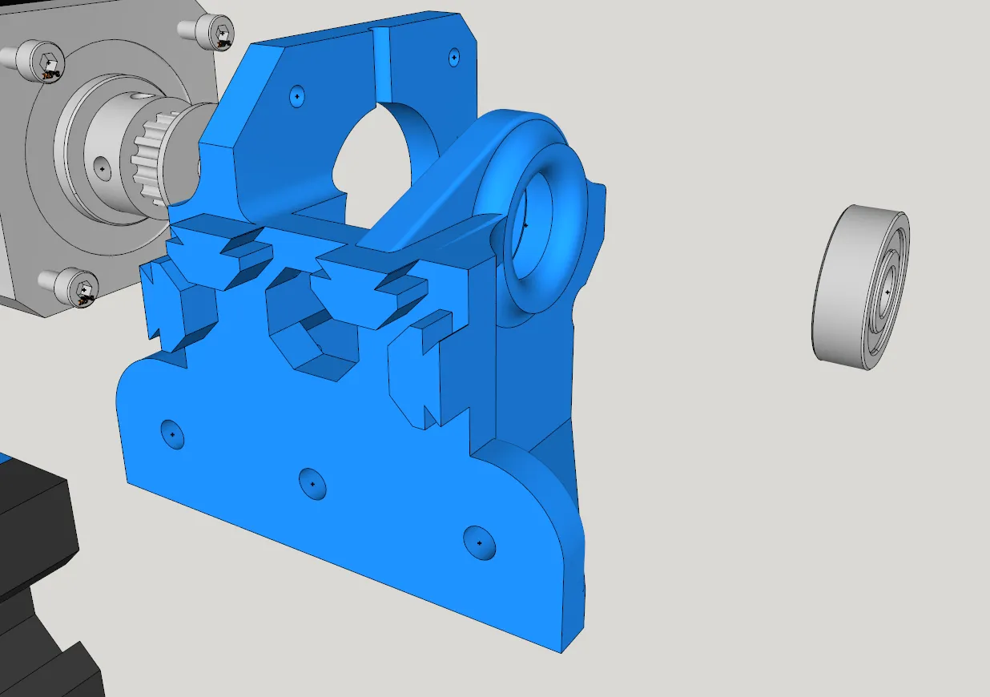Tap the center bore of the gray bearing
[887, 292]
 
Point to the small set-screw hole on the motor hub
[102, 169]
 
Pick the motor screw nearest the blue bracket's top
[220, 32]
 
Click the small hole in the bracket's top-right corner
[454, 58]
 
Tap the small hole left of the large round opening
[297, 96]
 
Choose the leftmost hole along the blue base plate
[172, 433]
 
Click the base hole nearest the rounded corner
[479, 542]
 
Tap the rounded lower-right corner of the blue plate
[553, 545]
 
